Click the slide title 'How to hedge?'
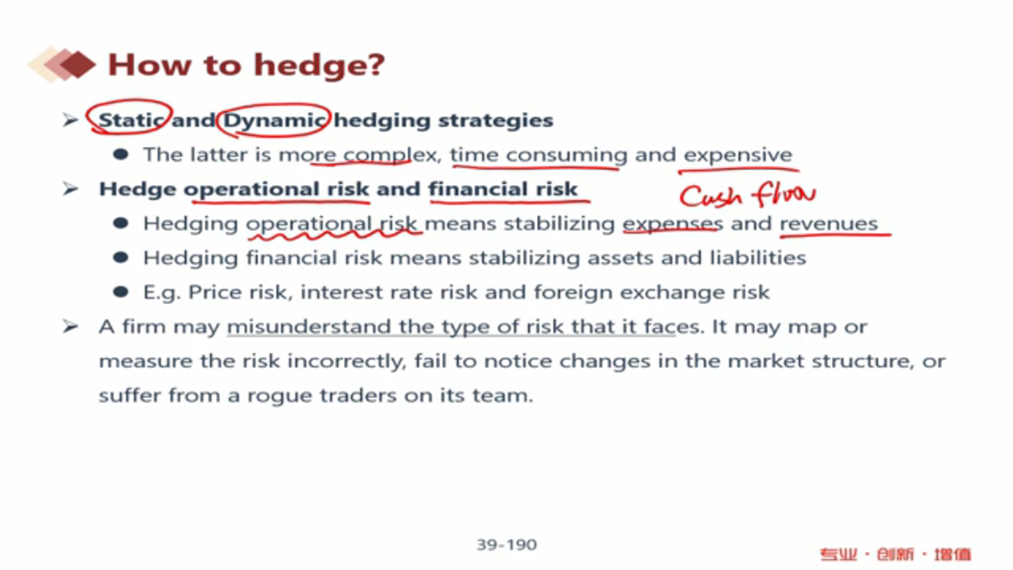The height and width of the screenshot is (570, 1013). click(246, 66)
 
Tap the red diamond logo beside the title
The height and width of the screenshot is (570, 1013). click(62, 64)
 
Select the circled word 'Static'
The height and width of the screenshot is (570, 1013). click(130, 119)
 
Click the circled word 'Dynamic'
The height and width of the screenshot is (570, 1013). click(274, 120)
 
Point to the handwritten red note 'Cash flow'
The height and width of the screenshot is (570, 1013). click(747, 194)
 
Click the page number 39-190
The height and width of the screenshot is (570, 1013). click(506, 545)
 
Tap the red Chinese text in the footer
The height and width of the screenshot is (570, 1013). click(896, 554)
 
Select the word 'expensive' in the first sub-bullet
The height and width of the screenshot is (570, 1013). click(738, 155)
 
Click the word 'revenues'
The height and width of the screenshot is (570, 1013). click(829, 223)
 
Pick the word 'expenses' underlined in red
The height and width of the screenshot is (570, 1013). click(673, 223)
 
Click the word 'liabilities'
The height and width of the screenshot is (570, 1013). click(758, 257)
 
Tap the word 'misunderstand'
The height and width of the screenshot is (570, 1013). click(310, 327)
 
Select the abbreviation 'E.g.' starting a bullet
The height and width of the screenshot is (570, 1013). click(161, 292)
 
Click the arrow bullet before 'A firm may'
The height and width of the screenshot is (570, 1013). click(70, 326)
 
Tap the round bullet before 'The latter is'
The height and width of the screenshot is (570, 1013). click(121, 154)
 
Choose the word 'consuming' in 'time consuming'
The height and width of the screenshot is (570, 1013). click(567, 155)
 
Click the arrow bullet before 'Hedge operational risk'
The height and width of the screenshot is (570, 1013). click(70, 189)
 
